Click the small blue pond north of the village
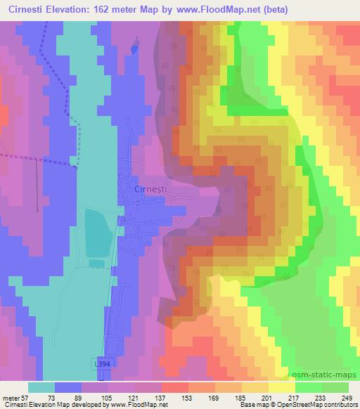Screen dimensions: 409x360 point(134,50)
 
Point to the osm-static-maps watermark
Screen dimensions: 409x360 point(328,373)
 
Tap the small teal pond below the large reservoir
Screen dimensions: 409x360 point(96,264)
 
